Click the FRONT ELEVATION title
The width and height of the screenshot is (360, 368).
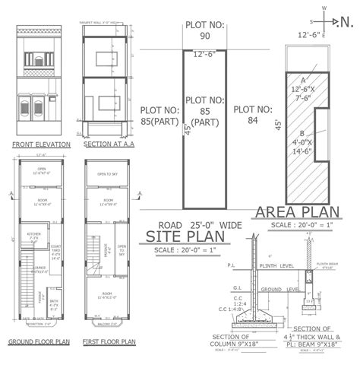coord(42,144)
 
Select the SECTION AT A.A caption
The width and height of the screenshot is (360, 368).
coord(108,144)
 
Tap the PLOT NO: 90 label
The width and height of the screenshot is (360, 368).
coord(204,30)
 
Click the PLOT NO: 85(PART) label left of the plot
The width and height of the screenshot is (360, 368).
coord(159,116)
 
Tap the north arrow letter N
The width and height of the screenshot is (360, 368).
coord(347,22)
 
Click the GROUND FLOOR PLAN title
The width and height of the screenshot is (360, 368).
coord(39,342)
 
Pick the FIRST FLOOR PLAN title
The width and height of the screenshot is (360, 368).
coord(109,342)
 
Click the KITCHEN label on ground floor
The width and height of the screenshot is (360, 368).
coord(33,234)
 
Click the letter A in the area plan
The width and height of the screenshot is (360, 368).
coord(304,79)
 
